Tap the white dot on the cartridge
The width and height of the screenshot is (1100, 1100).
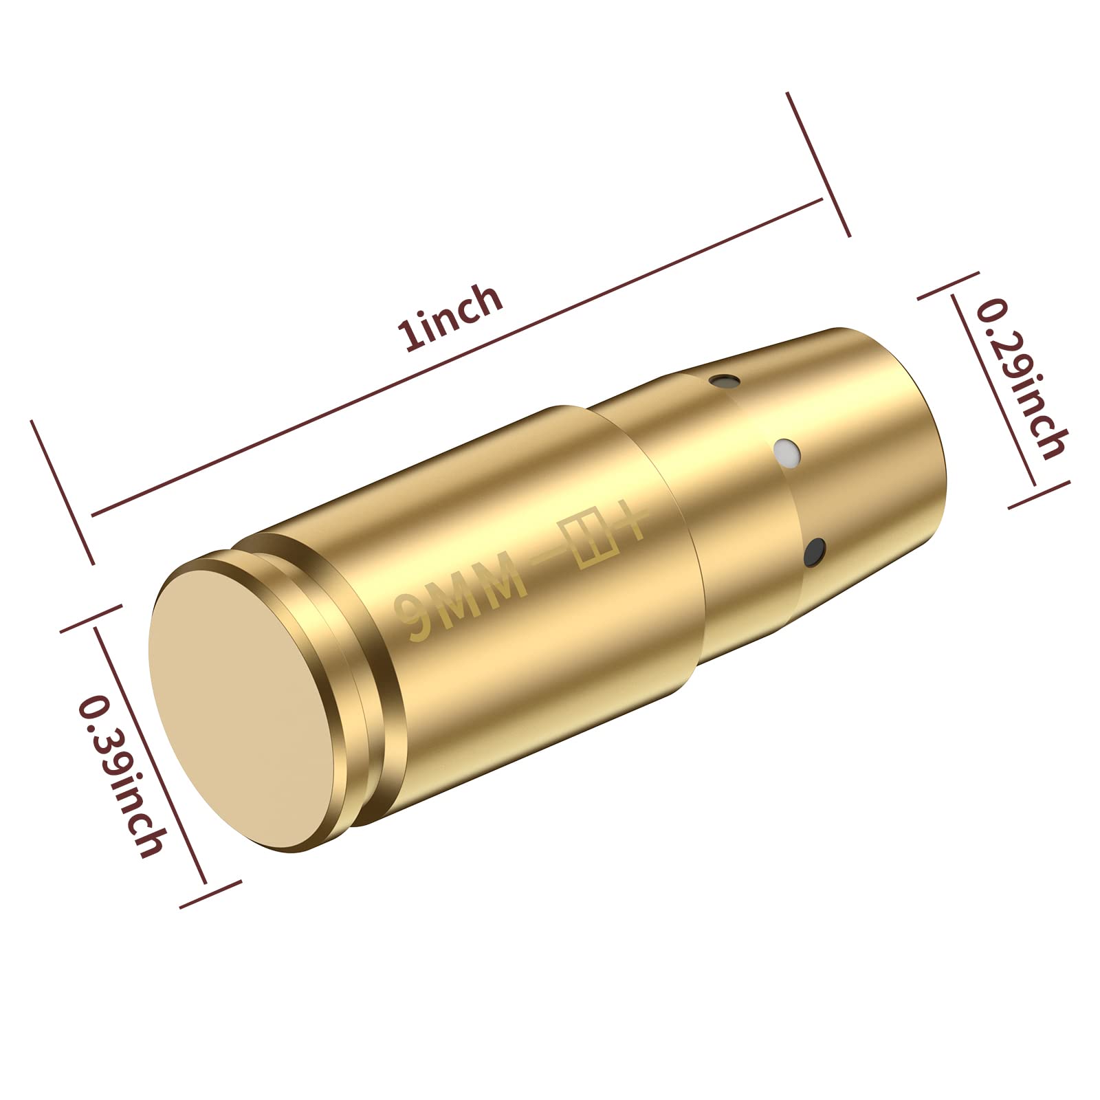pos(786,452)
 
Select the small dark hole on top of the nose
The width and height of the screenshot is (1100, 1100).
pos(724,379)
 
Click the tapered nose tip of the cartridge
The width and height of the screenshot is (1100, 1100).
pos(894,426)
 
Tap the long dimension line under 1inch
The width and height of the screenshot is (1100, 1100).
pos(454,357)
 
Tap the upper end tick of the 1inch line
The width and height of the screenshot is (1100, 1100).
pos(819,164)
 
